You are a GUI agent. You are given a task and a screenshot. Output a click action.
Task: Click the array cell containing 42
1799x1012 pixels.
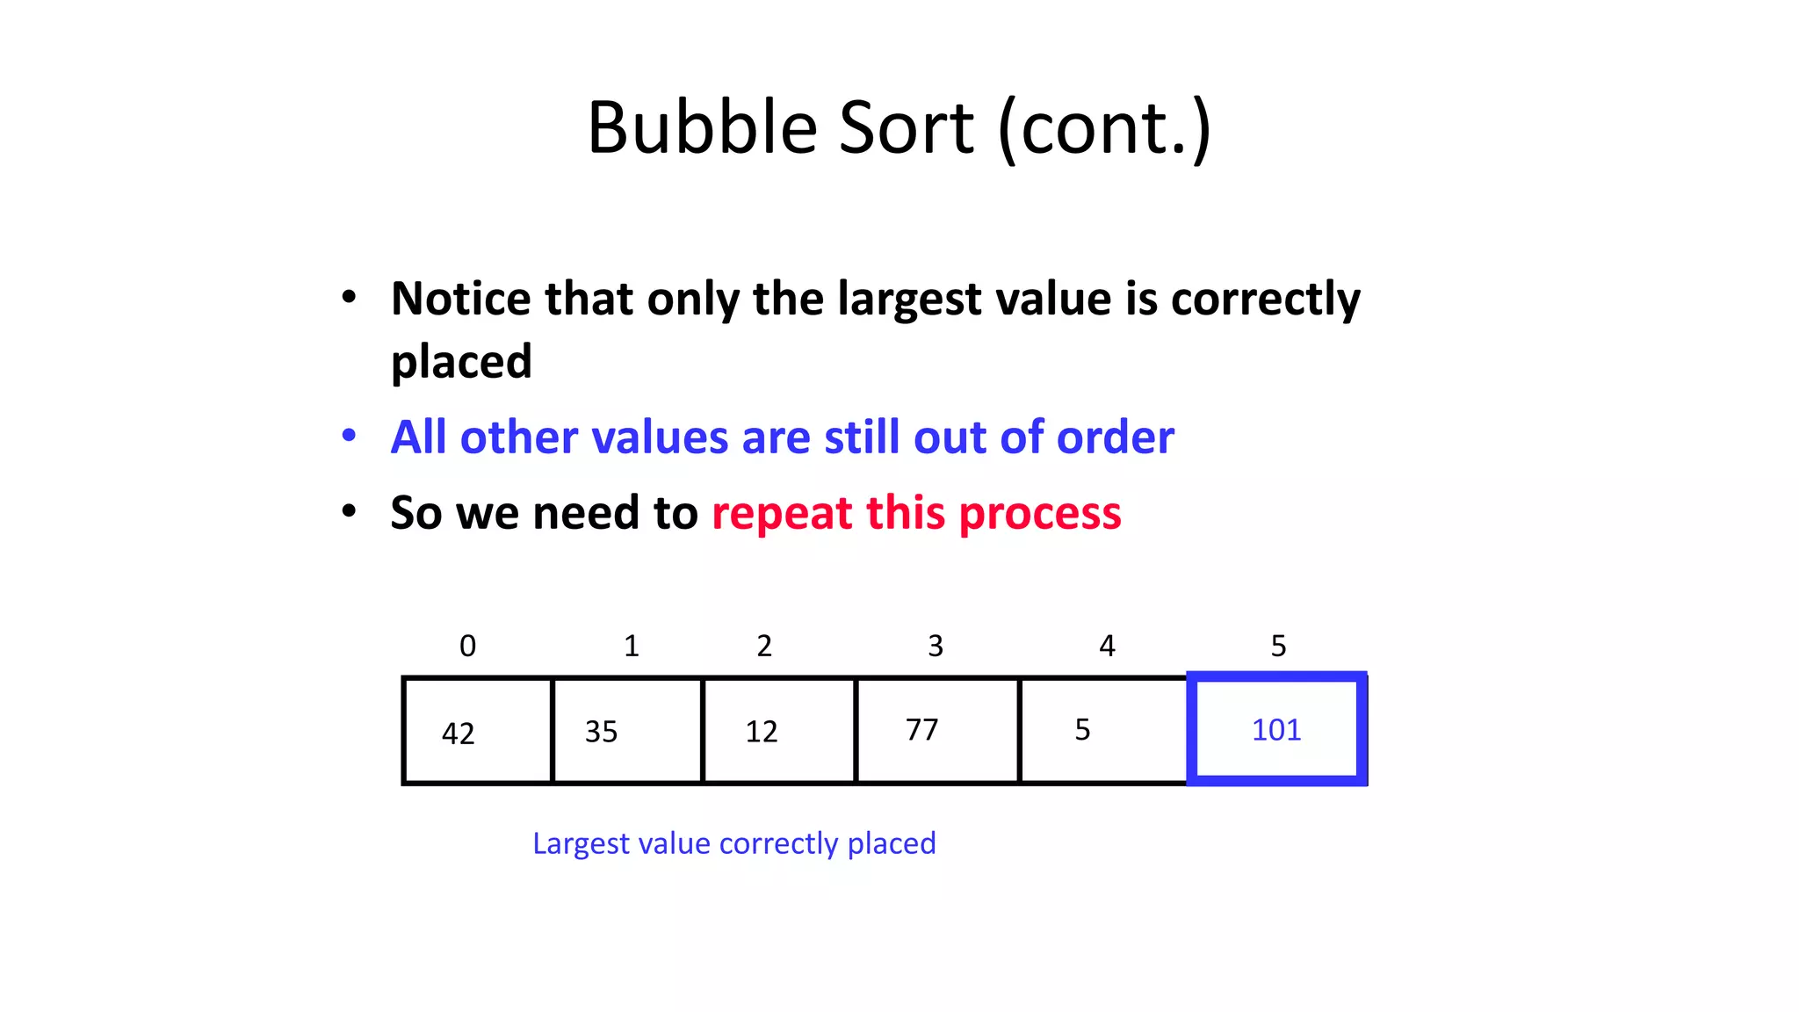point(478,731)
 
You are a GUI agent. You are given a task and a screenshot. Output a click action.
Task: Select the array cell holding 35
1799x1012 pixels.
point(627,731)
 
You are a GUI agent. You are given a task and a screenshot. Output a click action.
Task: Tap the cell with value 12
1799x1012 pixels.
point(779,731)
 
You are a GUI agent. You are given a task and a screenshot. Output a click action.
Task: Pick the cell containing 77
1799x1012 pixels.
point(937,731)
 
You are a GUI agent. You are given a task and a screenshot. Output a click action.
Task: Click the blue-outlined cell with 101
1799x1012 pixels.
point(1276,729)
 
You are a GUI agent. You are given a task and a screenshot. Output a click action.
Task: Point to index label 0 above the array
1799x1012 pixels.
point(468,647)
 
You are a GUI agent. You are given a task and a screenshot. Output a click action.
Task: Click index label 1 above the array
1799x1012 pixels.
point(632,647)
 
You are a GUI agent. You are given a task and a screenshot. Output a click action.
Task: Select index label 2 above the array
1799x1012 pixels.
point(764,647)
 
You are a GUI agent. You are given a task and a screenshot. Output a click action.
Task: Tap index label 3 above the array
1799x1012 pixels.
point(936,647)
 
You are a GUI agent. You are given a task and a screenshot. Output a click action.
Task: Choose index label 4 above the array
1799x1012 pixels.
point(1107,647)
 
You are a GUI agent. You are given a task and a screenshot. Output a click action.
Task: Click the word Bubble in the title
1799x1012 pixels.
point(702,128)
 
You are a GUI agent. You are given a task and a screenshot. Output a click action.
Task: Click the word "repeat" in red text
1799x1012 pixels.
point(781,513)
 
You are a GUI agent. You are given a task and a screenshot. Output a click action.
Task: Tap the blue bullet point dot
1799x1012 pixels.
point(349,436)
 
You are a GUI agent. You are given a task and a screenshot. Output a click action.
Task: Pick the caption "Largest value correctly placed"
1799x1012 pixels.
point(734,843)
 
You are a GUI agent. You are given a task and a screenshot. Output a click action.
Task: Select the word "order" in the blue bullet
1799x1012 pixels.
point(1115,437)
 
